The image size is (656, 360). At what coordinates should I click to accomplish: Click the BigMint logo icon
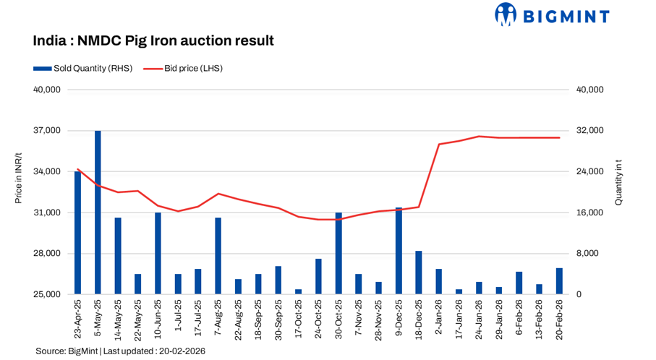(x=506, y=14)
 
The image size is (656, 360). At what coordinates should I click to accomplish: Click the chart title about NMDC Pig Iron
(x=153, y=40)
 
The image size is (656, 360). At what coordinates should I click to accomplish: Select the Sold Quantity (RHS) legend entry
(x=83, y=69)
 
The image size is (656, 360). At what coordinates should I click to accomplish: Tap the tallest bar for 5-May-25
(x=98, y=213)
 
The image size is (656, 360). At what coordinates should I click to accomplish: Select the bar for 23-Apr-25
(x=77, y=233)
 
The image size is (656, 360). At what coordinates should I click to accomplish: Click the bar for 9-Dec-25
(x=399, y=251)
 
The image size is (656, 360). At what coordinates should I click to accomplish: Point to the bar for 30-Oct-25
(x=338, y=253)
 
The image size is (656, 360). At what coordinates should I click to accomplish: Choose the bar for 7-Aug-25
(x=218, y=256)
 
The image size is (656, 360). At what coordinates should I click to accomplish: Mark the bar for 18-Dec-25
(x=418, y=273)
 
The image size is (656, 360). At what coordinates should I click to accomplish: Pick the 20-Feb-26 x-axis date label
(x=558, y=321)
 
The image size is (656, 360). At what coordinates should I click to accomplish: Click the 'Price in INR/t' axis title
(x=19, y=192)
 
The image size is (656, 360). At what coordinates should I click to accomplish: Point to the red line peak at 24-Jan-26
(x=479, y=136)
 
